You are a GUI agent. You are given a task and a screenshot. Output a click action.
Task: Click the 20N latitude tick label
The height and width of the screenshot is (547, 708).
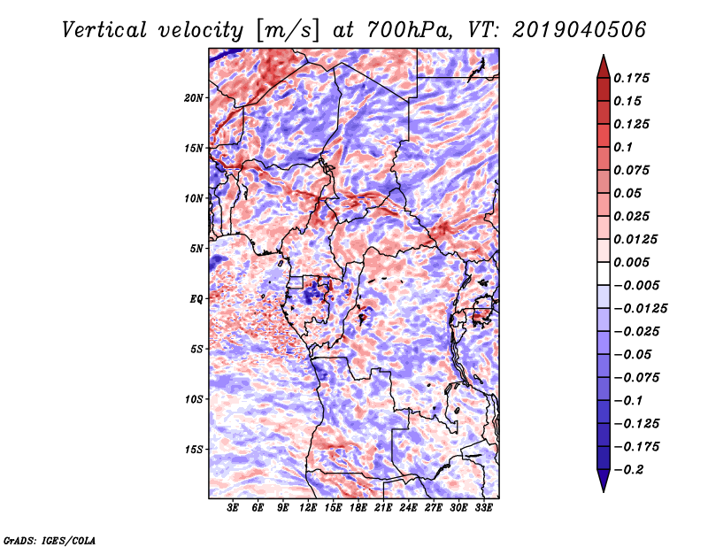(x=194, y=98)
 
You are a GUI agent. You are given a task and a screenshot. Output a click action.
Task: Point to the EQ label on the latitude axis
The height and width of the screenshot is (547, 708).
(x=196, y=299)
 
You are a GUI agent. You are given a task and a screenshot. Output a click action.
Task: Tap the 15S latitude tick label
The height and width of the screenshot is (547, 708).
(x=194, y=450)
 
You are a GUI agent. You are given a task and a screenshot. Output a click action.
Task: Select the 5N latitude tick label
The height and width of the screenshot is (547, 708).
(x=196, y=249)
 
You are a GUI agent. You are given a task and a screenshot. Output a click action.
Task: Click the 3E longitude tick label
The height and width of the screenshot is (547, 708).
(x=233, y=508)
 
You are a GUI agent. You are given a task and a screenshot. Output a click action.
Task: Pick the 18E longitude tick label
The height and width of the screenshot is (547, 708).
(x=358, y=508)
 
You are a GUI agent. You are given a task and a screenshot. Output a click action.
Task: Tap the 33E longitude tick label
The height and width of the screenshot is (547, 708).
(x=483, y=508)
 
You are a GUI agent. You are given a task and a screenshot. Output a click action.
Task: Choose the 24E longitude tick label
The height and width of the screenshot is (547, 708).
(x=408, y=508)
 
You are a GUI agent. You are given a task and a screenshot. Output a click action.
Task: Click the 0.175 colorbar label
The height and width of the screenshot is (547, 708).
(x=631, y=78)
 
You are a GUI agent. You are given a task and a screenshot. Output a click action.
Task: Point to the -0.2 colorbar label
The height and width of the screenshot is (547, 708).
(x=628, y=470)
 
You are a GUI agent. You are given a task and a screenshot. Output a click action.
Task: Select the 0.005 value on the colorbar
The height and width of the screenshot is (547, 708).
(x=631, y=262)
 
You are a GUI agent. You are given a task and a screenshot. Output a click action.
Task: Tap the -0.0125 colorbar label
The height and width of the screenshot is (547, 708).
(x=640, y=309)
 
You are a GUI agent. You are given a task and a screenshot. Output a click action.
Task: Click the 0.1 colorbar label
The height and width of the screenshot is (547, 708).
(x=623, y=147)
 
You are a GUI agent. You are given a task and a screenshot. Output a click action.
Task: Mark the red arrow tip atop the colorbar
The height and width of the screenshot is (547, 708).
(x=604, y=55)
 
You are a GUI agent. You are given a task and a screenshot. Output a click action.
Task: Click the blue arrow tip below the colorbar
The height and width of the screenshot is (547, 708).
(x=604, y=492)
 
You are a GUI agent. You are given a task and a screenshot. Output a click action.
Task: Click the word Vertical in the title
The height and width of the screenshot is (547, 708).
(x=104, y=30)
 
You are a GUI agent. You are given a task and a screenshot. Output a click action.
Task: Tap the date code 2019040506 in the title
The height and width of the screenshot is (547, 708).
(x=580, y=30)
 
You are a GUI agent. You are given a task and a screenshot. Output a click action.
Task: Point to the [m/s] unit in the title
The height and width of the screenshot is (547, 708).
(x=289, y=31)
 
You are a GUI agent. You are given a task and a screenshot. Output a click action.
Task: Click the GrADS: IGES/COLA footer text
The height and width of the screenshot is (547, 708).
(x=50, y=541)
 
